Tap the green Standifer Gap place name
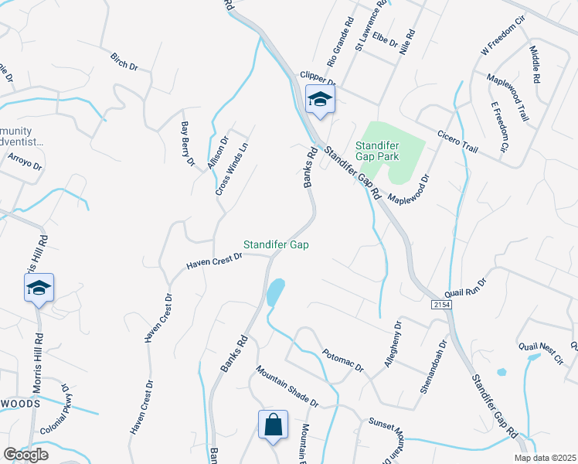point(276,244)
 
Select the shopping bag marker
point(273,425)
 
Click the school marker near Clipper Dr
point(319,100)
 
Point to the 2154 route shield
point(441,306)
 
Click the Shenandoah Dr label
point(433,367)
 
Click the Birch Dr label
point(124,62)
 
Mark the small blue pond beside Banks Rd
point(275,292)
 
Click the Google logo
point(26,455)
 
